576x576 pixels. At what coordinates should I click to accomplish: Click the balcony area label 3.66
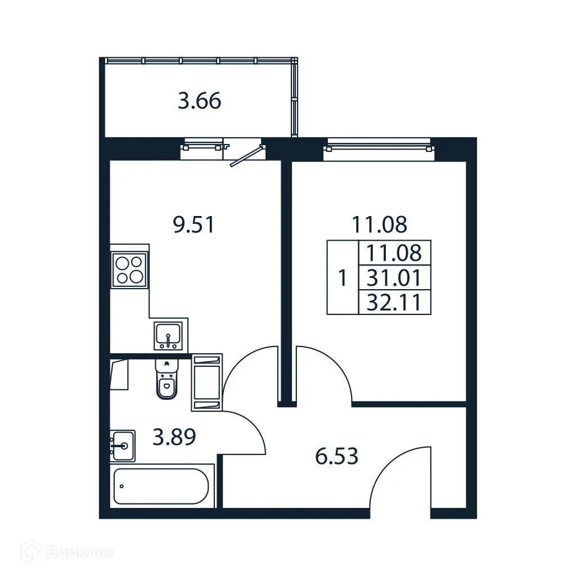click(199, 102)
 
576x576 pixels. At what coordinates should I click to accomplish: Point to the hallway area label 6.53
click(336, 456)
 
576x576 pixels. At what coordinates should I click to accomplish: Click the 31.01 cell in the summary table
click(394, 278)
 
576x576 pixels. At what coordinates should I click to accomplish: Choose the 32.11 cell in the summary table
click(394, 303)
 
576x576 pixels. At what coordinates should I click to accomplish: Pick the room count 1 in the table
click(343, 278)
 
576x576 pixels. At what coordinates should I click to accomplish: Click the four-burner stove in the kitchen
click(130, 268)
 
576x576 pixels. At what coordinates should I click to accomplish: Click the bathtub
click(161, 486)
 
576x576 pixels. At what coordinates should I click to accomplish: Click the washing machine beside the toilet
click(207, 381)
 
